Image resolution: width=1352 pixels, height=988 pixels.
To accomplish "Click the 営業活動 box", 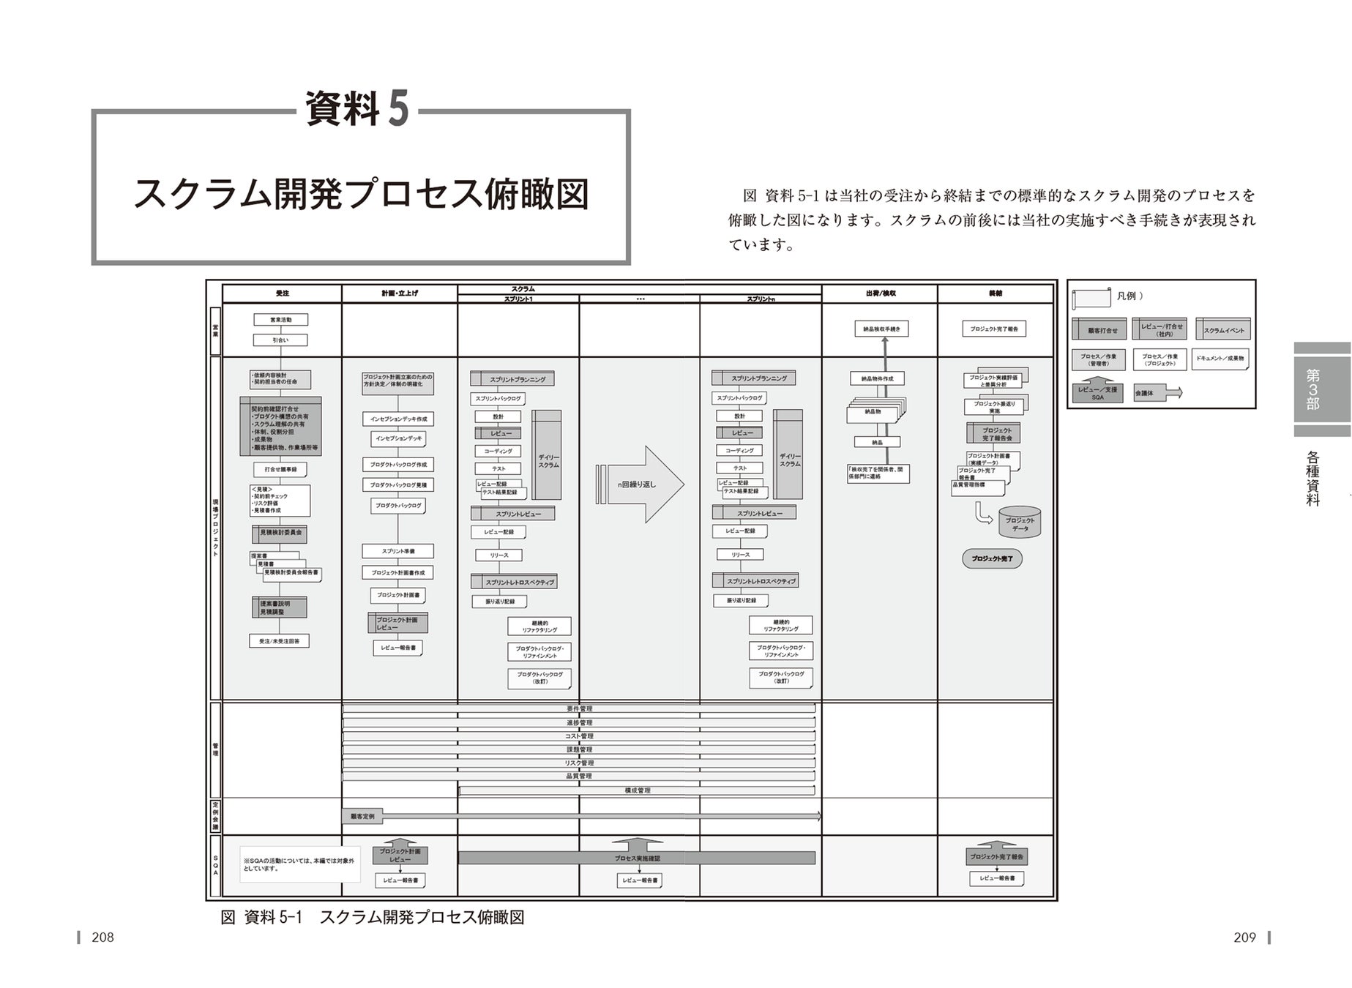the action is click(280, 320).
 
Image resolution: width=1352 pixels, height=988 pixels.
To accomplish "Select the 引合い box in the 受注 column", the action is click(280, 340).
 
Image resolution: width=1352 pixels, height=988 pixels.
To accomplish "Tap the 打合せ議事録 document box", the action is click(280, 470).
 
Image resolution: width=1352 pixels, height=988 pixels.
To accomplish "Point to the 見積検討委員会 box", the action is click(280, 533).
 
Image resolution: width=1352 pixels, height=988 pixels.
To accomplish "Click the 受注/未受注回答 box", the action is click(280, 641).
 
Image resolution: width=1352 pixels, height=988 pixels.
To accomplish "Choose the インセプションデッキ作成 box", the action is click(398, 419).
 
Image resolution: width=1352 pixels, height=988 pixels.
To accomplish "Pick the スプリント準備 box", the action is click(398, 551).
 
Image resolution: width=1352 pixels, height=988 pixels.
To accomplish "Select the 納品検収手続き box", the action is click(881, 329).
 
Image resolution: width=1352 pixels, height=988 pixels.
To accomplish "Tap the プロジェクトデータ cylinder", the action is click(1020, 523).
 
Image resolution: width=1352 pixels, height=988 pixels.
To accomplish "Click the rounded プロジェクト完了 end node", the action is click(992, 559).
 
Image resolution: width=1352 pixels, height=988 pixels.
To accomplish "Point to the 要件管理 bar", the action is click(579, 709).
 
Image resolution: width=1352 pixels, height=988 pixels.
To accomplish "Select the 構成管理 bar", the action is click(637, 790).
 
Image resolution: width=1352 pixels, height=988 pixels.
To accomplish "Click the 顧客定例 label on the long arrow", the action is click(362, 816).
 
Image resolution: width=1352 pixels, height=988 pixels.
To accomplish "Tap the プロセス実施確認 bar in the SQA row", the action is click(637, 858).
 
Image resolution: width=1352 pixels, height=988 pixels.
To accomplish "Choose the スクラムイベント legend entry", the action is click(1223, 329).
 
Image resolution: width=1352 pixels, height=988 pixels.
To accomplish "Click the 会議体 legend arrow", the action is click(1157, 393).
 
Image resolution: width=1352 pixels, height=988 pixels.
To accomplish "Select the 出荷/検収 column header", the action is click(880, 293).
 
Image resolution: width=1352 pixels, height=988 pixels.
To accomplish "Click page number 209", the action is click(1244, 938).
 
